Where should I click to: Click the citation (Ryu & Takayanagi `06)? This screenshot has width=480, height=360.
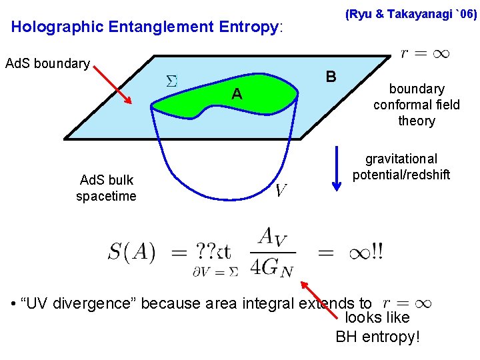point(411,14)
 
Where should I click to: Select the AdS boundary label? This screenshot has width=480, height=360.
point(47,64)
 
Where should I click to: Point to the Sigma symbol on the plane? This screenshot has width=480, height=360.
point(171,81)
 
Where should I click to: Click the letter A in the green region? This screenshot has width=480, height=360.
point(236,95)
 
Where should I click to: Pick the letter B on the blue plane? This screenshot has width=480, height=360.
point(330,75)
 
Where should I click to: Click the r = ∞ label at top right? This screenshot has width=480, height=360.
point(425,53)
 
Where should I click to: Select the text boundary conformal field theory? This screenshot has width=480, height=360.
point(417,105)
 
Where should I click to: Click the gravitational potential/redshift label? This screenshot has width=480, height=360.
point(401,167)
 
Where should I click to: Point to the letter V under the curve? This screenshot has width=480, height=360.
point(281,191)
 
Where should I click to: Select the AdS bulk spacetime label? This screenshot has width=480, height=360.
point(106,188)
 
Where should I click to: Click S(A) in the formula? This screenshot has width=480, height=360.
point(131,253)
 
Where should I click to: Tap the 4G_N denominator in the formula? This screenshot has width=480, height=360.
point(272,266)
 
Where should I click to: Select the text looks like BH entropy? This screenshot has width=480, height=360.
point(377,327)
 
